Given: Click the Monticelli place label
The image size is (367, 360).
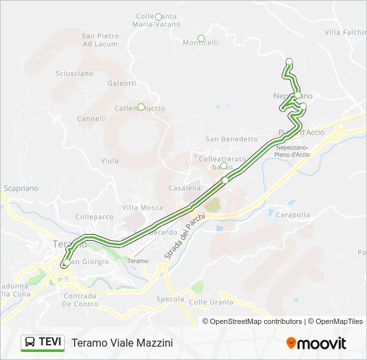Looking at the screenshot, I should click(200, 43).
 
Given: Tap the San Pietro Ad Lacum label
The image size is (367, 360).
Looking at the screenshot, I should click(100, 39).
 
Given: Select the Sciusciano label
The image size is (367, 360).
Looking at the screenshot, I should click(75, 73).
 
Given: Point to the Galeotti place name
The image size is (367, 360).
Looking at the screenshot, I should click(121, 83).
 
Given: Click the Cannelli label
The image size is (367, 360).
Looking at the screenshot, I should click(91, 119).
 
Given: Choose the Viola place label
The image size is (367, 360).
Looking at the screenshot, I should click(109, 161).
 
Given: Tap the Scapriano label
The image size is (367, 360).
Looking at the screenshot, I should click(21, 189).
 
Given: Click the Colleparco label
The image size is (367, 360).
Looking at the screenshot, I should click(95, 217).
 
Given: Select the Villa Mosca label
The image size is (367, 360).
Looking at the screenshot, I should click(143, 208).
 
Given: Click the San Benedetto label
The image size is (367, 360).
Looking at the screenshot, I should click(231, 139).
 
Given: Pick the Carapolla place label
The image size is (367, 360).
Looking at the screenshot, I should click(293, 215).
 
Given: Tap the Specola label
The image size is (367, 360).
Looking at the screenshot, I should click(169, 299).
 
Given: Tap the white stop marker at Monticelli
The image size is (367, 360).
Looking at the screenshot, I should click(201, 38).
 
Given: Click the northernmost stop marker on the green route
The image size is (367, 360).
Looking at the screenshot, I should click(289, 62).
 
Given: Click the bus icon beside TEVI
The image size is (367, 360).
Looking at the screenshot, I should click(31, 343).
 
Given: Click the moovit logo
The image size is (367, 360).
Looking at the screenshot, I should click(316, 343).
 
